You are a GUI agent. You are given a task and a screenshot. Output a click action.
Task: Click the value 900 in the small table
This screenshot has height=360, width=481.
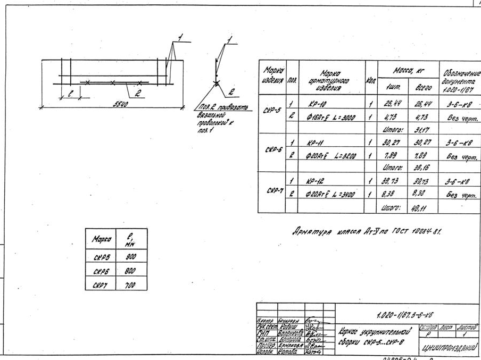pyautogui.click(x=131, y=256)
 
